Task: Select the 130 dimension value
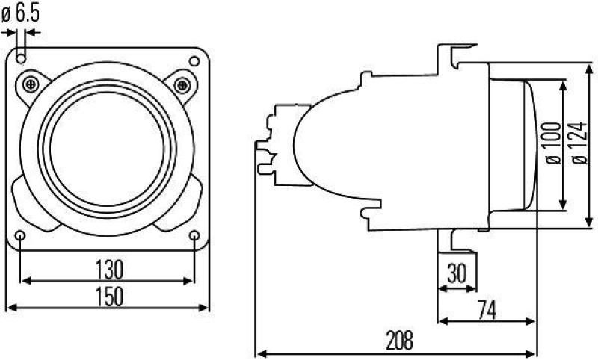[x=109, y=267]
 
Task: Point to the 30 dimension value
[x=457, y=272]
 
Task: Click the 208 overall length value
[x=399, y=341]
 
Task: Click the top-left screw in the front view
[x=31, y=83]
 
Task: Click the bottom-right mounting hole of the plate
[x=194, y=238]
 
